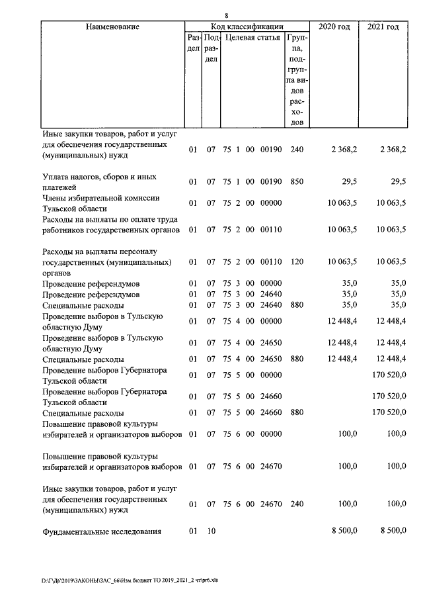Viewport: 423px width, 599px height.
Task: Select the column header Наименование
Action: (x=113, y=26)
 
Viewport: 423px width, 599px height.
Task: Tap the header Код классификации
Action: (x=247, y=26)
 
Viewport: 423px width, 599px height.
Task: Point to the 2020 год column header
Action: (x=334, y=26)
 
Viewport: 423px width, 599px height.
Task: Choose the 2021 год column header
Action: (x=383, y=26)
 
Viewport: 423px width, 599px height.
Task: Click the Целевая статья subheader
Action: (x=252, y=38)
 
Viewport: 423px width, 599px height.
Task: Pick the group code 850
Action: (x=297, y=181)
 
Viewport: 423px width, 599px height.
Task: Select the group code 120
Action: (x=297, y=261)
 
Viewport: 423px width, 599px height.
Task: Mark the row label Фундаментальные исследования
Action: (x=102, y=531)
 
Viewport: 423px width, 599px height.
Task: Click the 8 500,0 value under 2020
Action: (x=344, y=531)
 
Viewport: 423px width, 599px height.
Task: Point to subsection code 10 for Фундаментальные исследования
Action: (x=211, y=531)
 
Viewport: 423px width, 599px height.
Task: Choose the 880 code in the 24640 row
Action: (x=297, y=306)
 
